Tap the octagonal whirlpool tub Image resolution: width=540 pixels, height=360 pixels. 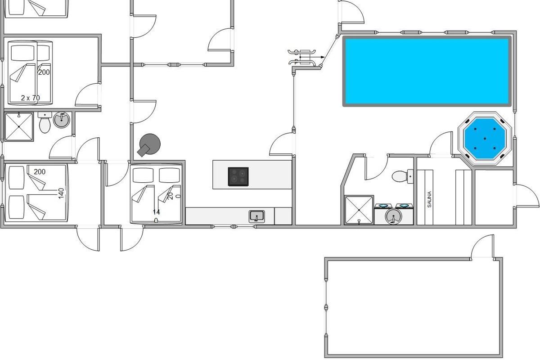[485, 138]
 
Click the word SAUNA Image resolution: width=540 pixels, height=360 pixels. [429, 199]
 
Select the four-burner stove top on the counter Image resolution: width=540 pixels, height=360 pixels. [238, 176]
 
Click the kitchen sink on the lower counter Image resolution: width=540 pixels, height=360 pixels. [257, 216]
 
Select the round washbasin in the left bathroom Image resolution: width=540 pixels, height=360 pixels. [61, 120]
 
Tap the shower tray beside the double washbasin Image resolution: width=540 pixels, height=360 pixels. [359, 210]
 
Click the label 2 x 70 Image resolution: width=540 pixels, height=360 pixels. [30, 98]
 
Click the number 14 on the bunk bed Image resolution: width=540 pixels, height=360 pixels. [156, 212]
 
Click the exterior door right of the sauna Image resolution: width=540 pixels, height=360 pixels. [526, 196]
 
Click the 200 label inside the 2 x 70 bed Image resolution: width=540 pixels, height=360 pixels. [44, 72]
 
